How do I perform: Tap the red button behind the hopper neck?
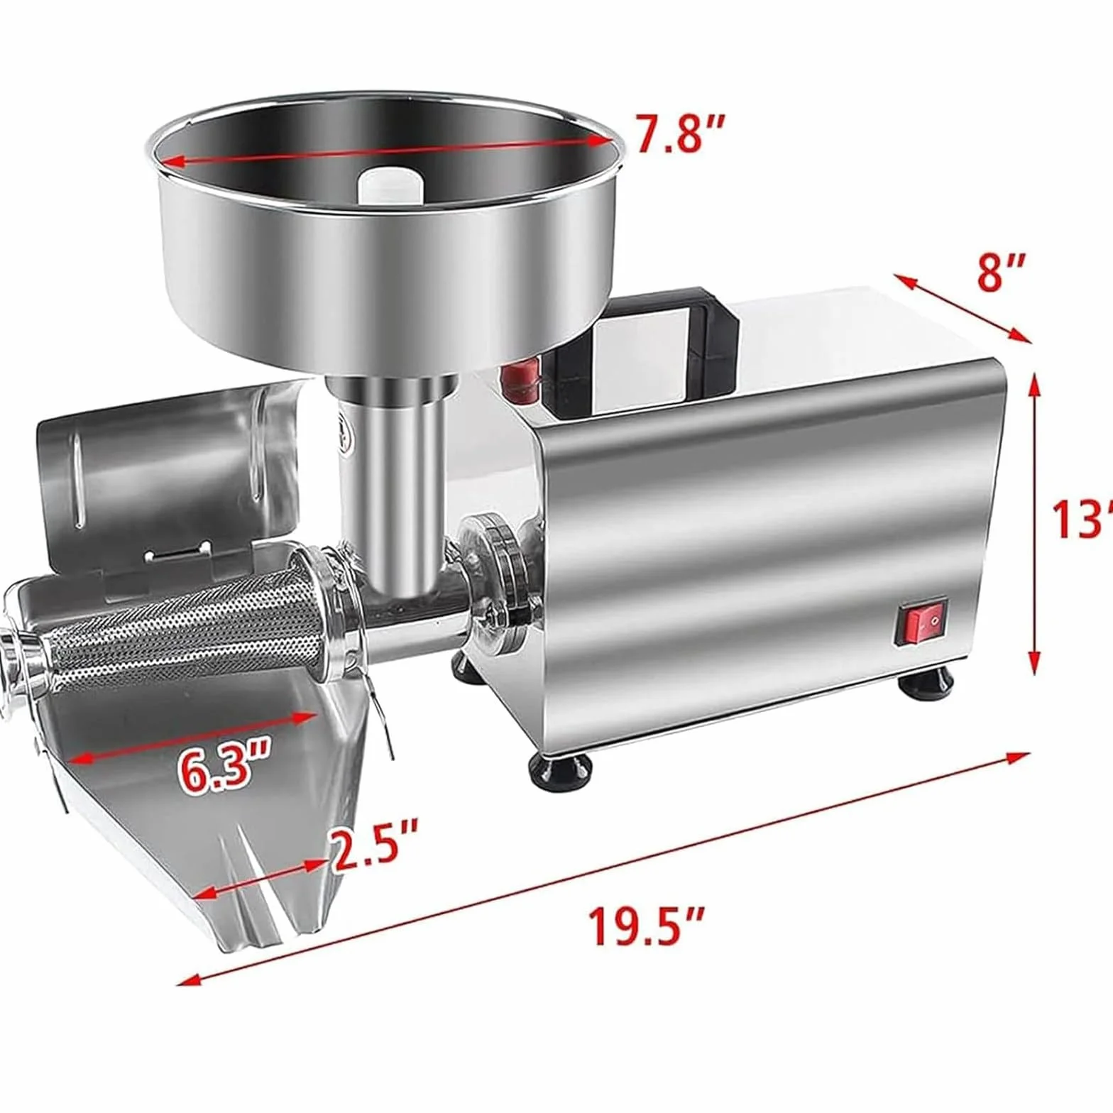[x=517, y=381]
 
